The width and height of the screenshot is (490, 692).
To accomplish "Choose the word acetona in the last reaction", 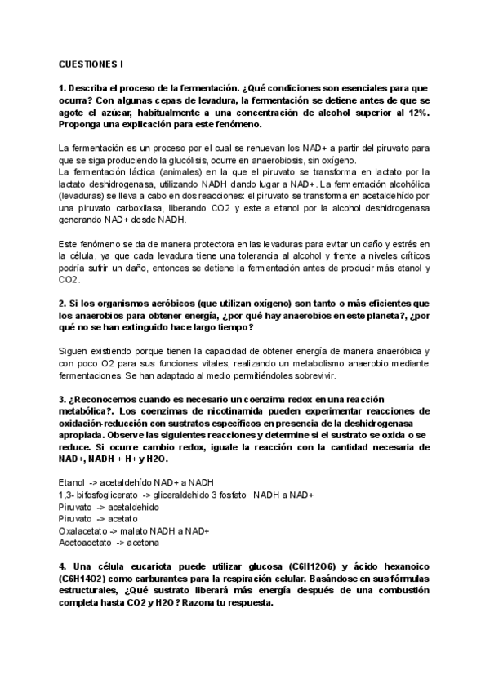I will (x=143, y=543).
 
